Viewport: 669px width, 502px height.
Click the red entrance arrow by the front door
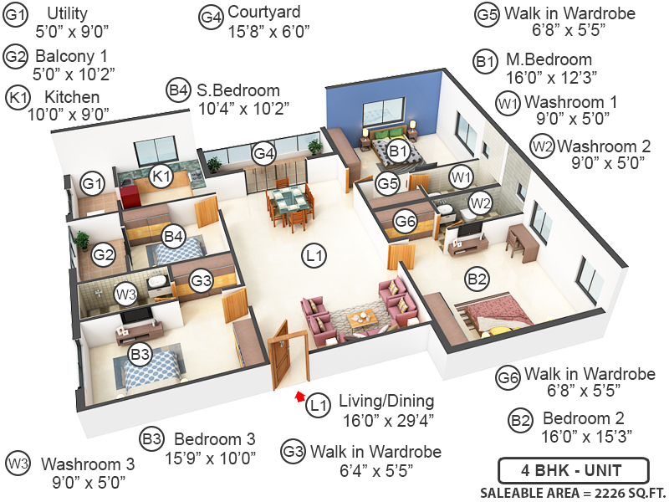298,394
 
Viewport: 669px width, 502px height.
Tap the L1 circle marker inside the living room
315,255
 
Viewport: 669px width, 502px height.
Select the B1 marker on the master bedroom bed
398,151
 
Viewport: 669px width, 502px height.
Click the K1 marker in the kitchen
161,177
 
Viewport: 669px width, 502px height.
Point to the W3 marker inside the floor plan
125,295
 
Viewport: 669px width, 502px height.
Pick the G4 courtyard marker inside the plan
264,154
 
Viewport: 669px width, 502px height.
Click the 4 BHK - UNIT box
572,469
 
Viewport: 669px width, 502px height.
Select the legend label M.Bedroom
549,60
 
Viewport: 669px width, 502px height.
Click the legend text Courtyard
264,13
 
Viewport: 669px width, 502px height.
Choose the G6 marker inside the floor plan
406,222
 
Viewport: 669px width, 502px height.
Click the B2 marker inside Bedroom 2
477,278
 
